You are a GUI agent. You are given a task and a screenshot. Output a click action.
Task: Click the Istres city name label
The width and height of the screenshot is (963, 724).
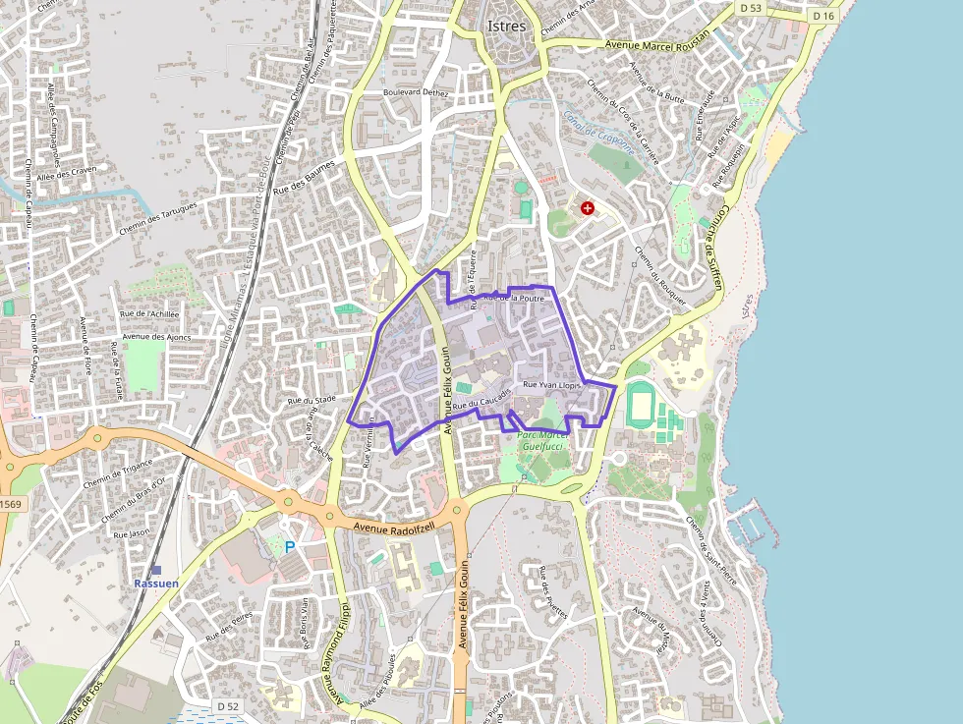[506, 26]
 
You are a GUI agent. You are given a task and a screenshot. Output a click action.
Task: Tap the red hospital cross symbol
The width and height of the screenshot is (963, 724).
[588, 208]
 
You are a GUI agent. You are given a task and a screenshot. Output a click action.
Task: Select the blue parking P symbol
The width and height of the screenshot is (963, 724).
[290, 547]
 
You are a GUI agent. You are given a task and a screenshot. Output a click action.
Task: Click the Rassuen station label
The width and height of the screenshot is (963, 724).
[156, 584]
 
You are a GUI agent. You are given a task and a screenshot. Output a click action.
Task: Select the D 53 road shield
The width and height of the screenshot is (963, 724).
[751, 8]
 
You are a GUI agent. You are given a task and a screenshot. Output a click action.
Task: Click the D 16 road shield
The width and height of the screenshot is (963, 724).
[823, 17]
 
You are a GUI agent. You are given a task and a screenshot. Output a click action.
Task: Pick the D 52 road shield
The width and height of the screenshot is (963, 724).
[227, 706]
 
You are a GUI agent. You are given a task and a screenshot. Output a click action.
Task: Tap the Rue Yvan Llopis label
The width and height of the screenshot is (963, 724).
[553, 386]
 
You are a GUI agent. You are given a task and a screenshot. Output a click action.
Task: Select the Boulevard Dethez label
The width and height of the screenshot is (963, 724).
[422, 92]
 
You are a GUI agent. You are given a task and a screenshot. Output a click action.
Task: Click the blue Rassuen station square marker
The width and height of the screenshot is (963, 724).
[156, 570]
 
